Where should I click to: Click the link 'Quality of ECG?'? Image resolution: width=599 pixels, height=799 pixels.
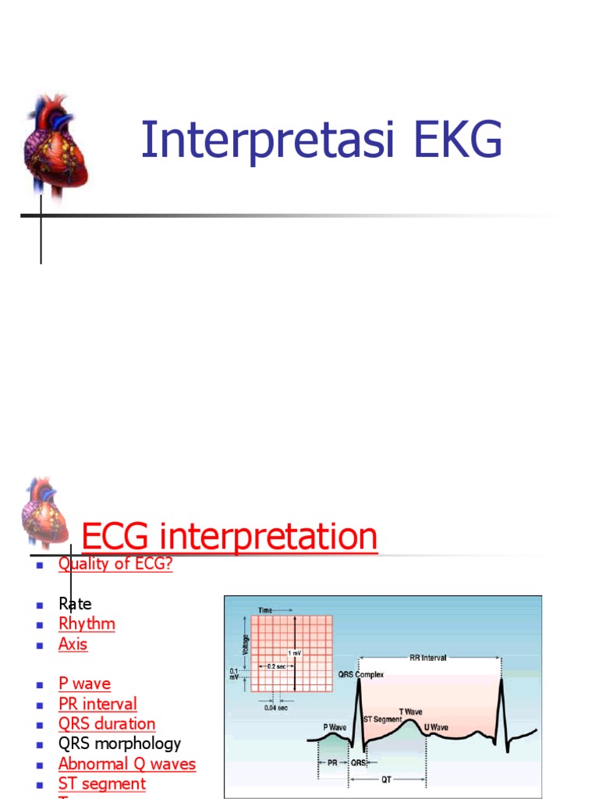(115, 564)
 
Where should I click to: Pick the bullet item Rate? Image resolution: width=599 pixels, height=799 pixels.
(75, 604)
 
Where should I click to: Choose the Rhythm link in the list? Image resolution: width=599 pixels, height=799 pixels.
(87, 624)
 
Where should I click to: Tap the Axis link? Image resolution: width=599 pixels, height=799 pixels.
(73, 645)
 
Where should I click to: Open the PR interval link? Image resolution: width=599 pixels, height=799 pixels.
(97, 704)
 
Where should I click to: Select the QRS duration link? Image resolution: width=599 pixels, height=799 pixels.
(107, 724)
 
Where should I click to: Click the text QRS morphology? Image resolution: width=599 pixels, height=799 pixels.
(119, 744)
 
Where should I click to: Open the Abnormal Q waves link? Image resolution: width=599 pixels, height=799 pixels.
(127, 765)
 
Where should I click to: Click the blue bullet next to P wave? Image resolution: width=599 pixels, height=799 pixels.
(39, 684)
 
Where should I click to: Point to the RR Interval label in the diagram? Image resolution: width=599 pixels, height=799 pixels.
(428, 658)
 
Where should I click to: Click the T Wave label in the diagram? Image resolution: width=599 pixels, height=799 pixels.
(412, 711)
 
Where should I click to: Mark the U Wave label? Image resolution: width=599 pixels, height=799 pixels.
(436, 727)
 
